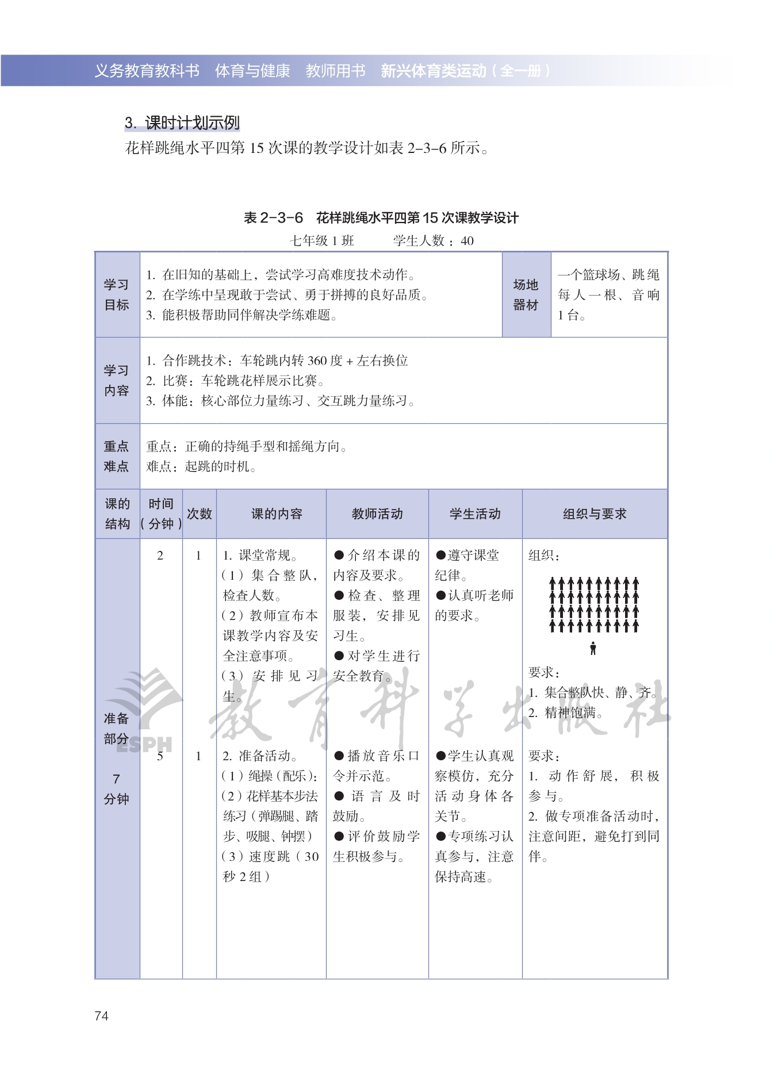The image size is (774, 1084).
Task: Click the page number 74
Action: pos(101,1016)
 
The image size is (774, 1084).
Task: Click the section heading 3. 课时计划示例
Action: pos(182,122)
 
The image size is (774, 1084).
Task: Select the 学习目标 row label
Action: pos(117,294)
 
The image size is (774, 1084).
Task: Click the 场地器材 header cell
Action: pos(526,294)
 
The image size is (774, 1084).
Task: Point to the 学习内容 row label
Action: pos(117,380)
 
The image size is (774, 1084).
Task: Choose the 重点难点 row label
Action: pos(117,456)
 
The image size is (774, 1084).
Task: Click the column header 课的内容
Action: pos(277,514)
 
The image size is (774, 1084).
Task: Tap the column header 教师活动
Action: pos(377,514)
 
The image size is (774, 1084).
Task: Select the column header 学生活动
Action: pos(475,514)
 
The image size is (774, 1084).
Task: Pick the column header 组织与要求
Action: pos(595,514)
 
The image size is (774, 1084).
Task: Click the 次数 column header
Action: pos(199,514)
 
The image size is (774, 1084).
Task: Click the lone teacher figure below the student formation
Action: pos(593,648)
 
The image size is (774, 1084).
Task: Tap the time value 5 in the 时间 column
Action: pos(160,756)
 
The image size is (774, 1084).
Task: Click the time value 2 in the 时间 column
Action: pos(160,556)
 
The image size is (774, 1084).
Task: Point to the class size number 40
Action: pos(467,241)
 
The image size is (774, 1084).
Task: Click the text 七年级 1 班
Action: pos(322,241)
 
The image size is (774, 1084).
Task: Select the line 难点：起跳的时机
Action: pos(201,466)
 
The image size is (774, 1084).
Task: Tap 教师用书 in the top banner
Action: pos(335,71)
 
